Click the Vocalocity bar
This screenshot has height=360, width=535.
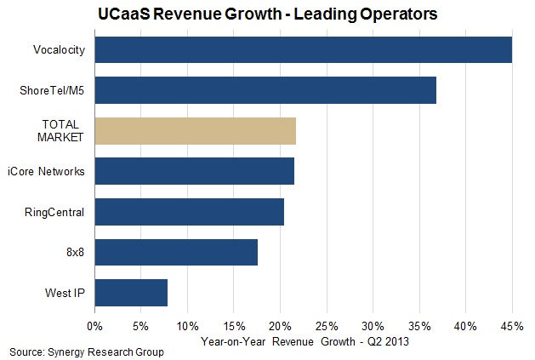303,50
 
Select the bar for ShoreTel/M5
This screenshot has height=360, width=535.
265,90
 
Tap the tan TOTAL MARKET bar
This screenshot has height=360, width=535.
195,131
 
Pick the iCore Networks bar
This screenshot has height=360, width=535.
194,171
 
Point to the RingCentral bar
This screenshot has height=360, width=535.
189,212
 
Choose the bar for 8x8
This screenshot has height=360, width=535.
176,252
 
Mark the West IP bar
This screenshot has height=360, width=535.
131,293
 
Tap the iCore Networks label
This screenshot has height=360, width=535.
49,172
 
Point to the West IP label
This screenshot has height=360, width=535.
65,294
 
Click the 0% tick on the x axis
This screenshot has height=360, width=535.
94,325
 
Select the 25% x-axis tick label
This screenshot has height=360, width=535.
327,325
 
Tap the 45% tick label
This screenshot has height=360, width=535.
512,325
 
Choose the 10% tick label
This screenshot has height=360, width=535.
187,325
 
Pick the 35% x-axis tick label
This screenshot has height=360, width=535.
419,325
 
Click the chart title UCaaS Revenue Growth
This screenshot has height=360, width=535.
267,14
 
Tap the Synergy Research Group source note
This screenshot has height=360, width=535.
87,351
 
